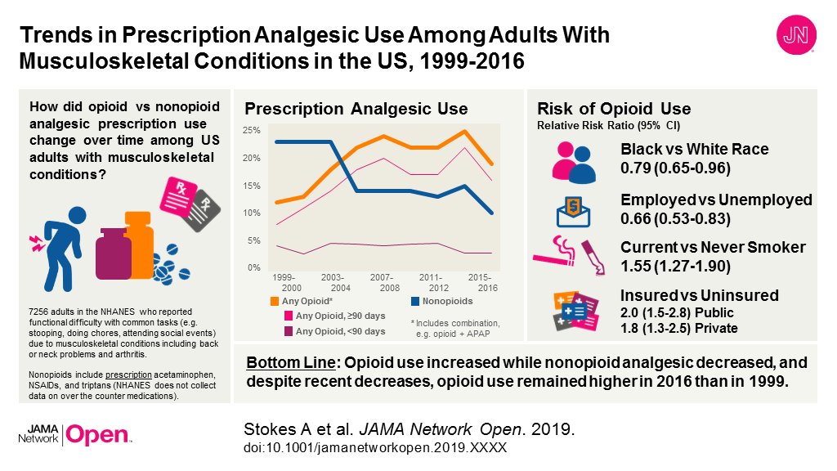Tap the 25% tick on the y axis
pyautogui.click(x=252, y=131)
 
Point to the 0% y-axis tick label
pyautogui.click(x=253, y=268)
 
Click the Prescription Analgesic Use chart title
pyautogui.click(x=356, y=109)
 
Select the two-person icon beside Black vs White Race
pyautogui.click(x=574, y=160)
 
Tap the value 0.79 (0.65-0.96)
pyautogui.click(x=675, y=168)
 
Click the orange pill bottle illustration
pyautogui.click(x=138, y=241)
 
